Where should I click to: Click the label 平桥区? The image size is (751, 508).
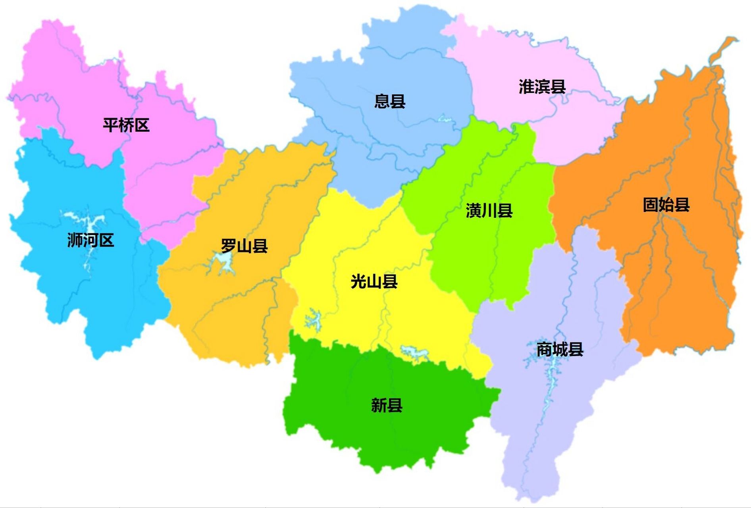click(x=126, y=125)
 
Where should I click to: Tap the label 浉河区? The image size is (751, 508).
click(x=91, y=240)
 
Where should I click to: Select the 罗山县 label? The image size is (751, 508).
click(x=244, y=246)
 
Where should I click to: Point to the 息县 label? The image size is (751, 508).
click(x=390, y=101)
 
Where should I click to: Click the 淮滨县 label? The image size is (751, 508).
click(x=542, y=87)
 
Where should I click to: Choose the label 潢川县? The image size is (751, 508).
click(x=489, y=211)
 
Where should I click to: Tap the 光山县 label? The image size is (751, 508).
click(x=374, y=281)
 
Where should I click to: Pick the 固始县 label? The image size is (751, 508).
click(x=666, y=205)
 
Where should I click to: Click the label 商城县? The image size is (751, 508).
click(x=560, y=349)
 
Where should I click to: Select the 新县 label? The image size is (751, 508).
click(x=387, y=405)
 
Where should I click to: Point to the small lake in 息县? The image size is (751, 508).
click(x=445, y=119)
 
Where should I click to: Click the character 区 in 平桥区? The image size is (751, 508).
click(x=142, y=125)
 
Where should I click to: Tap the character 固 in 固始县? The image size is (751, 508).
click(x=651, y=205)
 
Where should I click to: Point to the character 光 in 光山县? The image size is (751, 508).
click(x=358, y=281)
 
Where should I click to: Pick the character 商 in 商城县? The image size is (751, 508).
click(x=544, y=349)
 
